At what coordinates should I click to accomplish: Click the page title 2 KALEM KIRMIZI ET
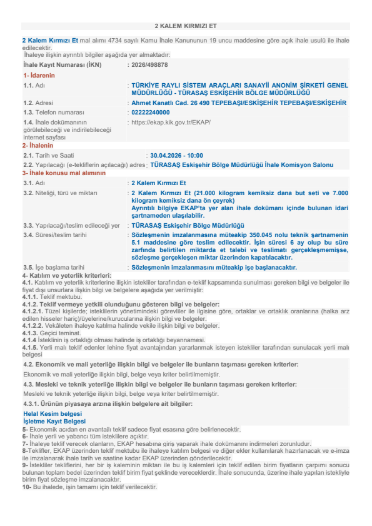(x=186, y=27)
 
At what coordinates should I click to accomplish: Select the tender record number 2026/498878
(x=151, y=64)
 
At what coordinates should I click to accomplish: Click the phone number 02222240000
(x=150, y=112)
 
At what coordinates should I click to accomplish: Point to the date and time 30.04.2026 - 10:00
(x=176, y=154)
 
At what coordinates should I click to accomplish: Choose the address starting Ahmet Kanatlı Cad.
(x=238, y=102)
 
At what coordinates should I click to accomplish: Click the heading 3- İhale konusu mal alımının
(x=64, y=172)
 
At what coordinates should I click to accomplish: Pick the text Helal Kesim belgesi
(x=52, y=413)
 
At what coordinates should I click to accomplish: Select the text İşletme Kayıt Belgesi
(x=54, y=421)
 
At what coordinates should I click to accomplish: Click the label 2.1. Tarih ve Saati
(x=49, y=154)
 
